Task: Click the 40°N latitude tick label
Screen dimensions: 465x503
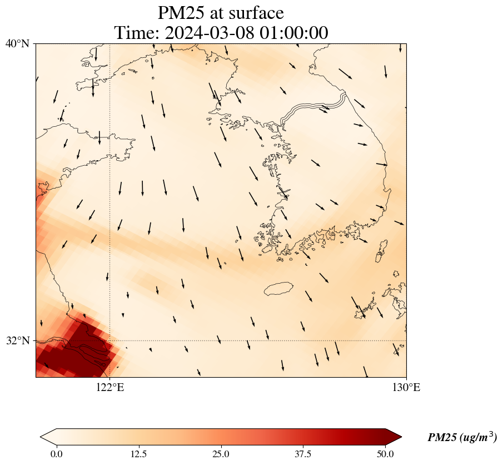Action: click(17, 43)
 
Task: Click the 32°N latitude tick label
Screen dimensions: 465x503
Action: click(17, 340)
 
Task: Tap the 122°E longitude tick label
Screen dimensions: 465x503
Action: click(110, 388)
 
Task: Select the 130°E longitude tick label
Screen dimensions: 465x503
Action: click(406, 388)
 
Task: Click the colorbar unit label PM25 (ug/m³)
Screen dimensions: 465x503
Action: click(462, 438)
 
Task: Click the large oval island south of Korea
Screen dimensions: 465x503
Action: click(278, 288)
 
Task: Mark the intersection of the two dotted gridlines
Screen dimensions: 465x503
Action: click(110, 340)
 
